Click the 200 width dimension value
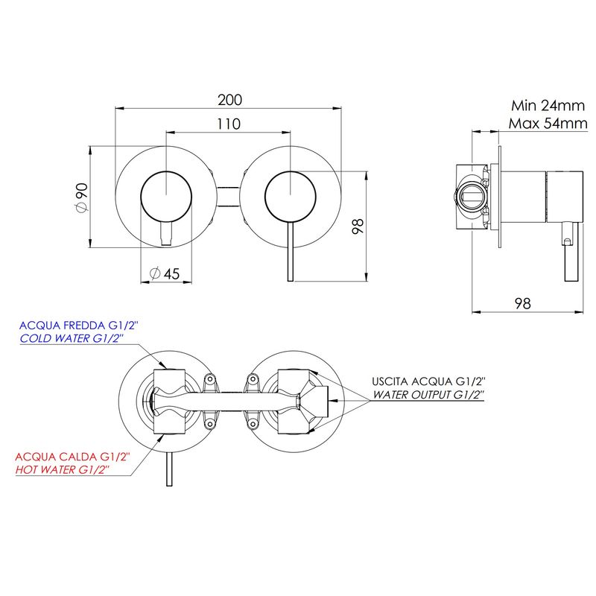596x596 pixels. (x=229, y=100)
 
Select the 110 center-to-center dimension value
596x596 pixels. (x=229, y=124)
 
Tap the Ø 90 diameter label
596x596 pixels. (x=82, y=197)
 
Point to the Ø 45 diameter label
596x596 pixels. (x=165, y=273)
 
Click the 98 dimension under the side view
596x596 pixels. (x=523, y=303)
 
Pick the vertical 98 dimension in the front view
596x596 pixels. (x=358, y=226)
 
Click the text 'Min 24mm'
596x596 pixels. (x=548, y=106)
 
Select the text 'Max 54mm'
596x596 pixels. (x=548, y=124)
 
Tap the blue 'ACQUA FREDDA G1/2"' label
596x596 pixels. (x=79, y=326)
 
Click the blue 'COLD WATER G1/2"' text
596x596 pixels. (x=72, y=338)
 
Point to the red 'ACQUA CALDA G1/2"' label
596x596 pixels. (x=72, y=457)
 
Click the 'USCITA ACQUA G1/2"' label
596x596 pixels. (x=429, y=381)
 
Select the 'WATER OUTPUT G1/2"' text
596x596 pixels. (x=428, y=395)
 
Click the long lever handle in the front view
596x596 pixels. (x=291, y=251)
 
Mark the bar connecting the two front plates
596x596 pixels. (x=228, y=197)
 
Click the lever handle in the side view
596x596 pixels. (x=571, y=252)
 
